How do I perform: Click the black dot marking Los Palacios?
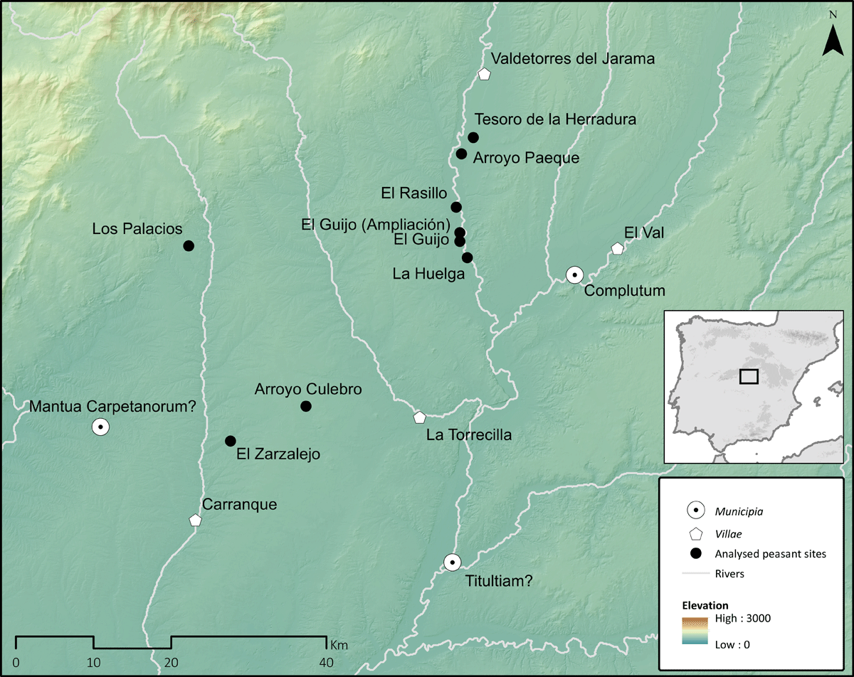189,246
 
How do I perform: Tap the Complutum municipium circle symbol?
574,274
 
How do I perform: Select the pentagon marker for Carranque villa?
195,520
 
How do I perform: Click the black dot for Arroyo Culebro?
306,406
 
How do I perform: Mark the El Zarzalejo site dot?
230,441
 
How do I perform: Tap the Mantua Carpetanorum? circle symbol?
100,427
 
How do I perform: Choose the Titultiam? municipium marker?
452,563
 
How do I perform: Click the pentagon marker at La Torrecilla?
419,417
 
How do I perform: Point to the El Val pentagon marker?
617,248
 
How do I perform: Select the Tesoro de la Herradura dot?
473,137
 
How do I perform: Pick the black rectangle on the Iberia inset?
749,376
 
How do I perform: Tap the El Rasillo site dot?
456,207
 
